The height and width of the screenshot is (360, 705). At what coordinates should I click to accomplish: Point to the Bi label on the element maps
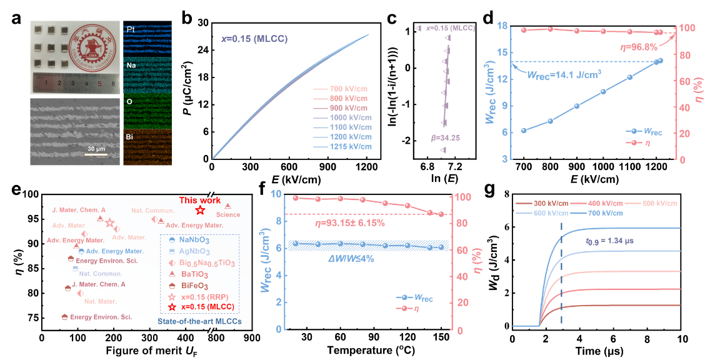click(x=129, y=134)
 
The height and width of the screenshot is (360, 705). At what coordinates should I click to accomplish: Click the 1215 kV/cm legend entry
click(x=351, y=147)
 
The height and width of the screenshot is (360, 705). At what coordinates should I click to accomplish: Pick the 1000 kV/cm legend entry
click(x=351, y=117)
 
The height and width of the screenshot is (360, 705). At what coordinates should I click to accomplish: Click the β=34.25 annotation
click(x=445, y=137)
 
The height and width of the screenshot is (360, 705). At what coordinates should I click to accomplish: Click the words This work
click(x=200, y=201)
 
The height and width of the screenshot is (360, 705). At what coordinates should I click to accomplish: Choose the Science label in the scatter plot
click(x=227, y=215)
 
